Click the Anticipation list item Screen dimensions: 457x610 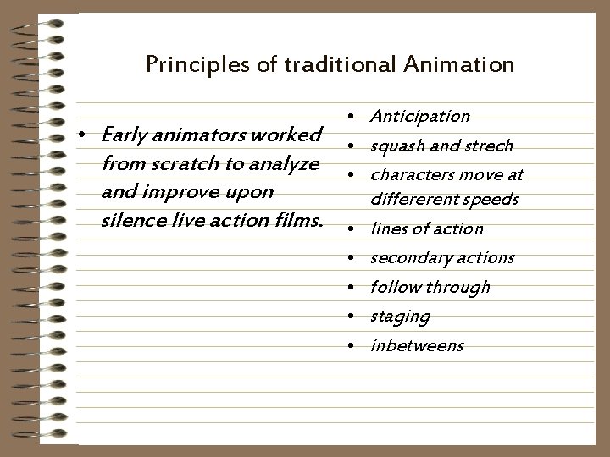pos(420,116)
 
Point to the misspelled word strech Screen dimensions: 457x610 pos(492,146)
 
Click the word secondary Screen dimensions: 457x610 pos(405,257)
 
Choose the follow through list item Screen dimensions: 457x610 pos(430,287)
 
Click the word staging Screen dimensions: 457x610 pos(400,317)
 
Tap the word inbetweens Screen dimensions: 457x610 pos(417,345)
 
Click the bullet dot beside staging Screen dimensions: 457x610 pos(350,317)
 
